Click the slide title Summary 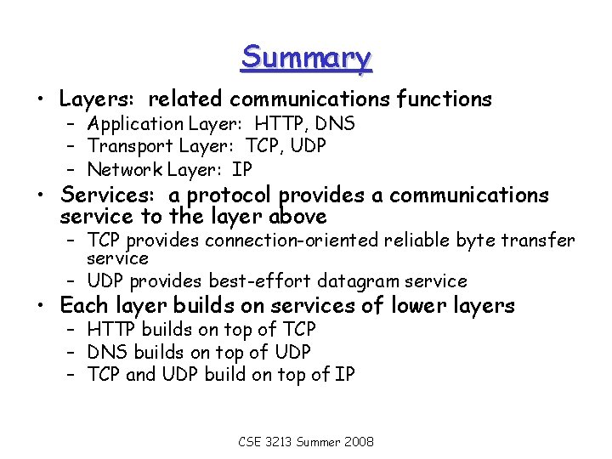(x=306, y=58)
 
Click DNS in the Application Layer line (x=336, y=124)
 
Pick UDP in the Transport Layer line (x=307, y=146)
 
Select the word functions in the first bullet (x=443, y=99)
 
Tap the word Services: (x=110, y=195)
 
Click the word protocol (x=230, y=196)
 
